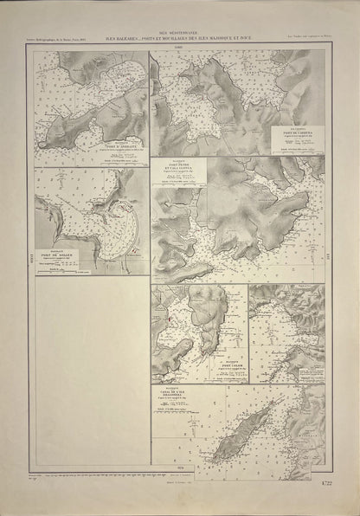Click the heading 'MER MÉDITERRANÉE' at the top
tap(179, 29)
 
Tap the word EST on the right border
tap(330, 257)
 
